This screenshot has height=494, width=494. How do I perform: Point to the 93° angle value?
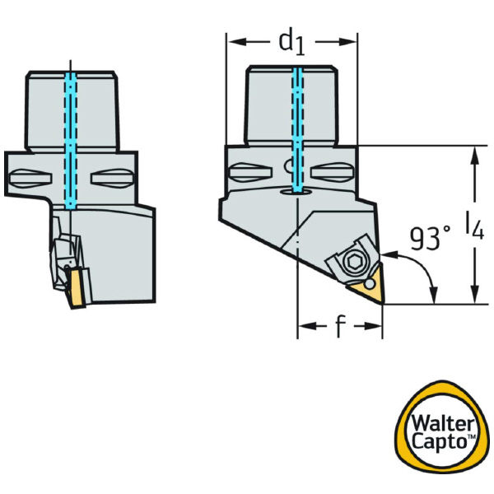pyautogui.click(x=429, y=239)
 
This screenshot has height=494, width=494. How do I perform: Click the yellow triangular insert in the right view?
pyautogui.click(x=366, y=288)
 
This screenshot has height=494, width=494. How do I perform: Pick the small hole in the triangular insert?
pyautogui.click(x=368, y=285)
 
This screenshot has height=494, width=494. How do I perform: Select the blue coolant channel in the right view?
pyautogui.click(x=296, y=123)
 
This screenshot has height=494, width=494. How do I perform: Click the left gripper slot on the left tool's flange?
pyautogui.click(x=32, y=177)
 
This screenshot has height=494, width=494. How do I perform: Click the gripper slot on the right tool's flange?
pyautogui.click(x=248, y=173)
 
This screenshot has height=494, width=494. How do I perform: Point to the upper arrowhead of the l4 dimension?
pyautogui.click(x=475, y=153)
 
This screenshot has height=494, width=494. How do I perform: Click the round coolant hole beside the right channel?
pyautogui.click(x=289, y=170)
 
